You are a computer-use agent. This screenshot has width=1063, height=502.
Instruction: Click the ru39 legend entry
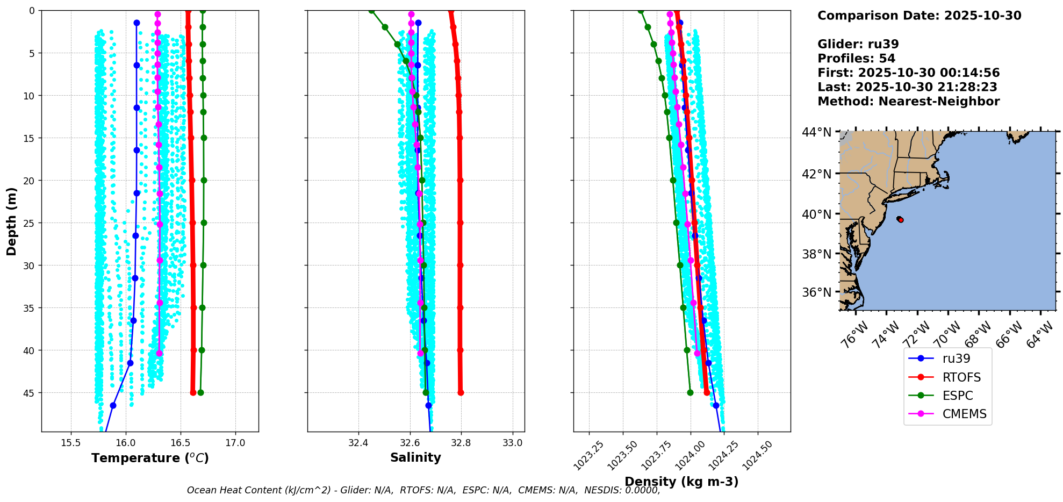(x=956, y=358)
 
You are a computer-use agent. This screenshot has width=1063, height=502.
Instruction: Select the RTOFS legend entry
(x=961, y=377)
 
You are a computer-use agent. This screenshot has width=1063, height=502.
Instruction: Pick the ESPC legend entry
(x=958, y=396)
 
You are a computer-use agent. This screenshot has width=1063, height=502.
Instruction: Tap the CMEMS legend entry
(x=964, y=414)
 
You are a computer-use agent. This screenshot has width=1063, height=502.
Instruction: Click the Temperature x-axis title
(x=150, y=458)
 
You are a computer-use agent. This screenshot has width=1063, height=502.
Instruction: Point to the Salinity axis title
(x=415, y=457)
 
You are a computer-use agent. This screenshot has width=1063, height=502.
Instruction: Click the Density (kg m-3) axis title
(x=681, y=482)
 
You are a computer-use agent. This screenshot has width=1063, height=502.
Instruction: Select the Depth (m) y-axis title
(x=11, y=221)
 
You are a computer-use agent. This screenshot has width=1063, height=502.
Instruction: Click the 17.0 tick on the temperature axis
(x=235, y=443)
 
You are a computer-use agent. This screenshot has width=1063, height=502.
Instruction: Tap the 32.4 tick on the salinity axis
(x=358, y=443)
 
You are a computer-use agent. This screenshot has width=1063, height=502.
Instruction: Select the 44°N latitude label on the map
(x=816, y=132)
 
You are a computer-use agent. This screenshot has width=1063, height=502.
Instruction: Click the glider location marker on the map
(x=900, y=219)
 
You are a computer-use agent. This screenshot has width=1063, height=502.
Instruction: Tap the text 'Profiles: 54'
(x=856, y=59)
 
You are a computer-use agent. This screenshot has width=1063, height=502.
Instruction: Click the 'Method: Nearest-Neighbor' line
(x=908, y=102)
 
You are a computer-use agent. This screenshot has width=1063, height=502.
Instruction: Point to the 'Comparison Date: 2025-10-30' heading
(x=919, y=16)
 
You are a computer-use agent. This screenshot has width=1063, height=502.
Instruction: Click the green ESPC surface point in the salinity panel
(x=371, y=11)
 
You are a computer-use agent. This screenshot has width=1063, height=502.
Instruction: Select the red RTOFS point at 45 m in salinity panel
(x=461, y=392)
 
